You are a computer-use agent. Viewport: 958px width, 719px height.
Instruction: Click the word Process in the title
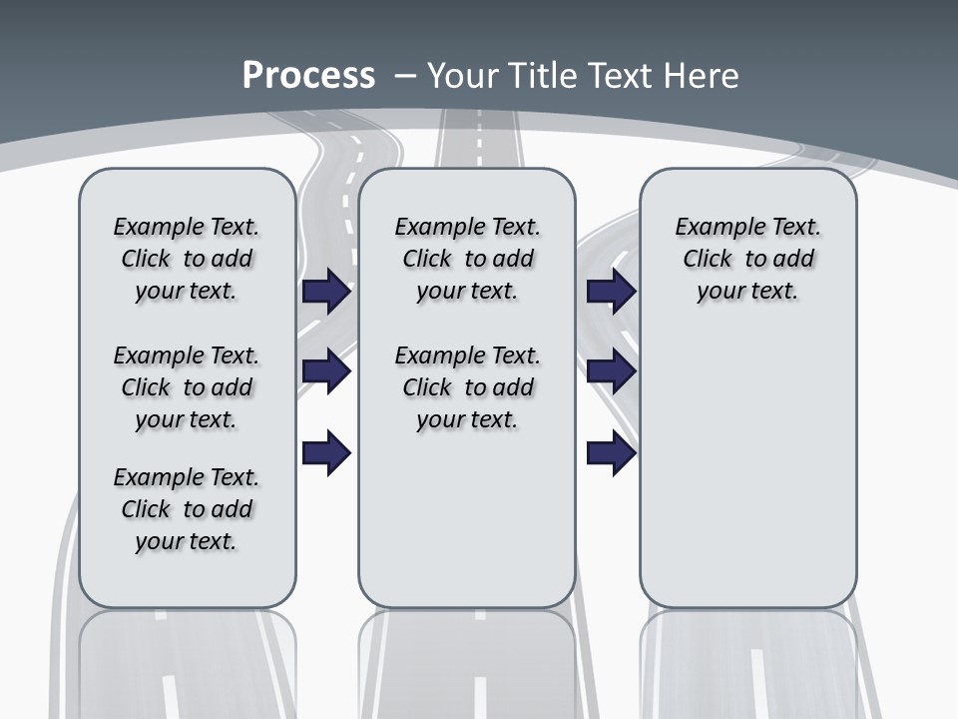pyautogui.click(x=308, y=76)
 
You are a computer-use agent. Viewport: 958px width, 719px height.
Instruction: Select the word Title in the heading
pyautogui.click(x=545, y=76)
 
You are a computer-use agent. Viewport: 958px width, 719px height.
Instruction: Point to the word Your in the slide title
pyautogui.click(x=466, y=76)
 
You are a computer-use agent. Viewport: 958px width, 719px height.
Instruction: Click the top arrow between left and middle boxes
pyautogui.click(x=326, y=292)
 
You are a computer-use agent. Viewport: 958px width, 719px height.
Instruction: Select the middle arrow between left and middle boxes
pyautogui.click(x=326, y=371)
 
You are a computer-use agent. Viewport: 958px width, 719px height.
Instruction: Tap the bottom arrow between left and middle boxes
pyautogui.click(x=326, y=453)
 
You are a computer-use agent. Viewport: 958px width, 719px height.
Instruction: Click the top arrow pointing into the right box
pyautogui.click(x=612, y=292)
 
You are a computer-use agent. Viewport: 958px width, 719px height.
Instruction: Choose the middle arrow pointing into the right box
pyautogui.click(x=612, y=371)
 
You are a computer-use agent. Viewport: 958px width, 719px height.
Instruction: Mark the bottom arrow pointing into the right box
pyautogui.click(x=612, y=453)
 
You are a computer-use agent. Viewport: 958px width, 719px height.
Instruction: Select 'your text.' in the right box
pyautogui.click(x=747, y=292)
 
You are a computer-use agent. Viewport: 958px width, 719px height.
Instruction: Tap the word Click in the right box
pyautogui.click(x=708, y=260)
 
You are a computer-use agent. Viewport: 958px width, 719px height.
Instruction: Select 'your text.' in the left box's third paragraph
pyautogui.click(x=186, y=541)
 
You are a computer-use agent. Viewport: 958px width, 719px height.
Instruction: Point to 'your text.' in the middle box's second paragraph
pyautogui.click(x=467, y=420)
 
